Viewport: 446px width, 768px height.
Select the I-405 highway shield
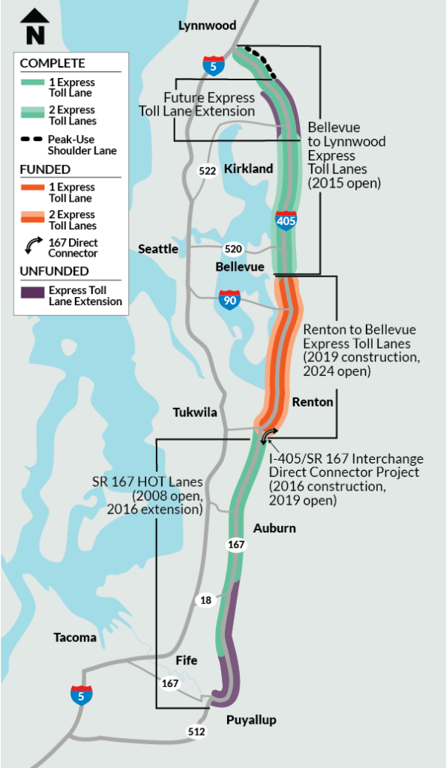[286, 220]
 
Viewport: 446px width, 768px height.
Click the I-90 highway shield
[229, 299]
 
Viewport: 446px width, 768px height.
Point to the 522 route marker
[208, 170]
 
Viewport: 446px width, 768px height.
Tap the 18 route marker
[205, 599]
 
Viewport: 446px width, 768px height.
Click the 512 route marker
[196, 732]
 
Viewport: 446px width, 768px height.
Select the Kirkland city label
[248, 169]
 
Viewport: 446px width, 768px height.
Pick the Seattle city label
[157, 248]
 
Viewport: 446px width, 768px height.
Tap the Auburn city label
[274, 528]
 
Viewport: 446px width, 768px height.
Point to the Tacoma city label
[75, 637]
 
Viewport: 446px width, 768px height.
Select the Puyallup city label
[251, 720]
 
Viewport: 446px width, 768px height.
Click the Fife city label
[186, 660]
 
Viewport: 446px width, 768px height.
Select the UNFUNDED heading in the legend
[54, 271]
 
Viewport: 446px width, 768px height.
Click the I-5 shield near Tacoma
[81, 694]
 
